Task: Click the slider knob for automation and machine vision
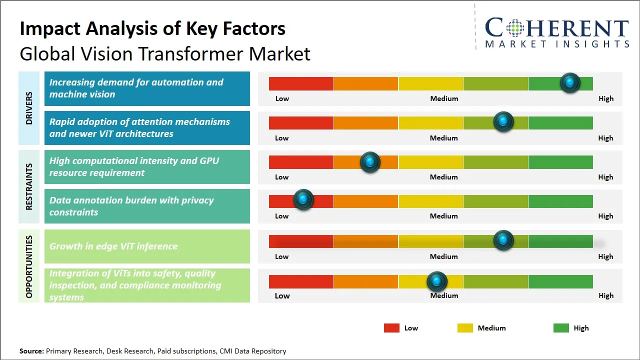click(x=570, y=82)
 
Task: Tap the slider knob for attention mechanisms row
click(x=503, y=121)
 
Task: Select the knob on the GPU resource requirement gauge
click(x=370, y=161)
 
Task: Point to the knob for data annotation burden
click(x=303, y=199)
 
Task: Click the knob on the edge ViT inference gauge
click(x=503, y=240)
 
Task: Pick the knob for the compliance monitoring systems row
click(x=437, y=281)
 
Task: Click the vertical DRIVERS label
click(x=29, y=108)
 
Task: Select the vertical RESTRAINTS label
click(x=29, y=186)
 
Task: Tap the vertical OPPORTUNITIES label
click(x=29, y=266)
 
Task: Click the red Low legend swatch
click(x=391, y=328)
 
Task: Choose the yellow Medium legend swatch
click(x=465, y=328)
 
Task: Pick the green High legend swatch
click(x=561, y=328)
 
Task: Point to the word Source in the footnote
click(x=31, y=351)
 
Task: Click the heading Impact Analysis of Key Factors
click(x=152, y=28)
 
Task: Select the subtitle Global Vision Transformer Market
click(x=165, y=53)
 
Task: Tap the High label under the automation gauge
click(x=605, y=98)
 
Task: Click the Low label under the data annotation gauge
click(x=282, y=216)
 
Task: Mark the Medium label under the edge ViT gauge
click(x=444, y=256)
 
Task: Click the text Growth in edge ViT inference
click(x=113, y=246)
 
